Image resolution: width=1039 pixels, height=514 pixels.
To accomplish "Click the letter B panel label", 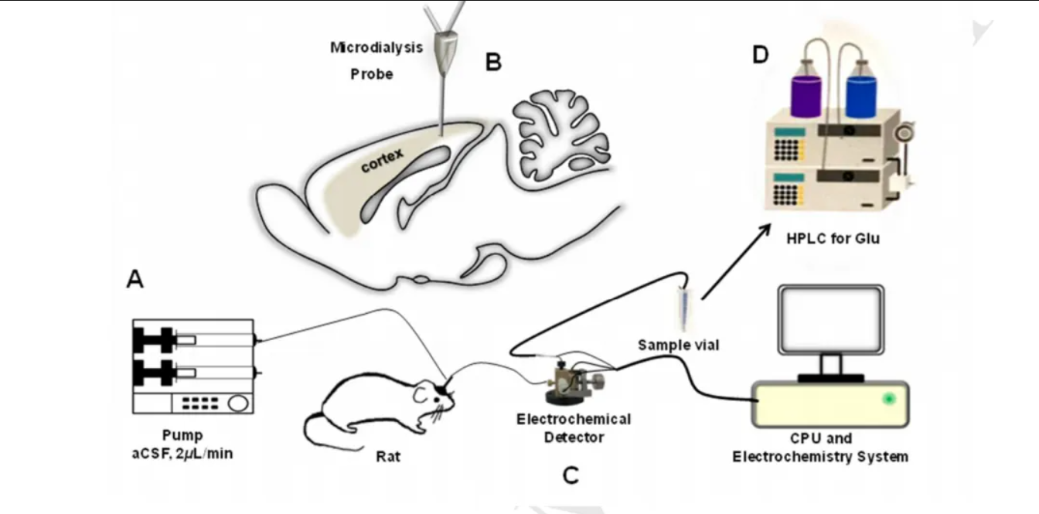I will [493, 62].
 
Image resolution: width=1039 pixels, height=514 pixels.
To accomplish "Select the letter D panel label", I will [760, 56].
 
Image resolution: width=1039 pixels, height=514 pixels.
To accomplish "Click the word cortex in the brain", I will [383, 158].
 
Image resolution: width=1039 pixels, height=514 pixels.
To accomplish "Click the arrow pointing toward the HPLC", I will [737, 260].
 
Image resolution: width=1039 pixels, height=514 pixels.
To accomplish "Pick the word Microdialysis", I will [376, 48].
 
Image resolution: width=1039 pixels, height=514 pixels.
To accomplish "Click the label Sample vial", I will [678, 345].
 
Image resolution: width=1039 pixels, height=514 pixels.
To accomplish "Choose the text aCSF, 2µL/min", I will [182, 454].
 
